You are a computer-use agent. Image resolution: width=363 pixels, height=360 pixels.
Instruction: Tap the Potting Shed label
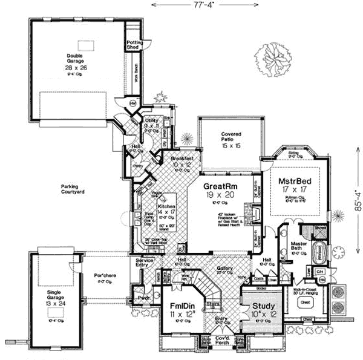[134, 44]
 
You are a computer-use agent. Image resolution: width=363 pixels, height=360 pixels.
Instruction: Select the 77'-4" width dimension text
[181, 5]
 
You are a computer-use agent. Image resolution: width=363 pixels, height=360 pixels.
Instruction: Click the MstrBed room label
[295, 181]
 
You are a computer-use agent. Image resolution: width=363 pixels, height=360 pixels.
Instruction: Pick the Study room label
[264, 306]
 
